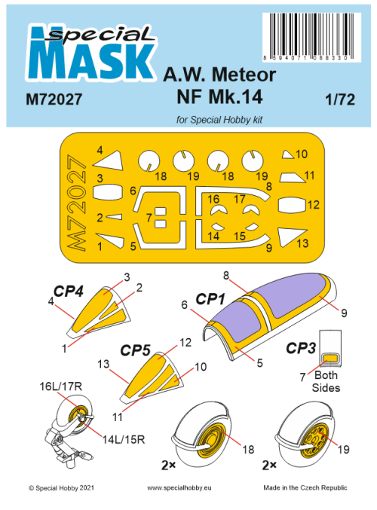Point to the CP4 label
[68, 290]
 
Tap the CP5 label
[135, 350]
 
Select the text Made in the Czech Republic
[305, 488]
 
